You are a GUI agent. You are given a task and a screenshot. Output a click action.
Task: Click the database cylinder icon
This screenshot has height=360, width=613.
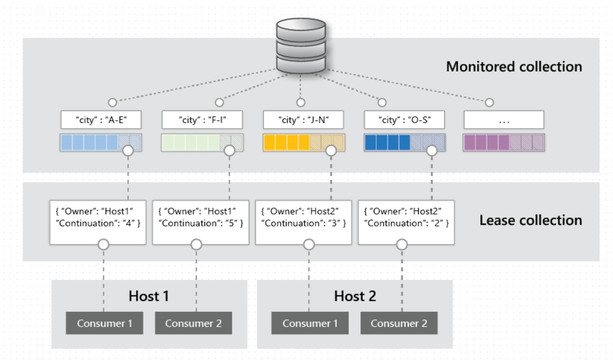tap(300, 46)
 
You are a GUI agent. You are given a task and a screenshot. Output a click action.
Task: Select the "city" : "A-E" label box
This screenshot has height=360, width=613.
tap(101, 120)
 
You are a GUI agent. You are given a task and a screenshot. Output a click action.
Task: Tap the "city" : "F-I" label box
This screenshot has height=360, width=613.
tap(202, 120)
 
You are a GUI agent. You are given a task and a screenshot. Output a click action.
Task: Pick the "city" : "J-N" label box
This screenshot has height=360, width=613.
tap(303, 120)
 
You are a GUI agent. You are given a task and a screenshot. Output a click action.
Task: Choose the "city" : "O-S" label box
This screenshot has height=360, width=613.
tap(404, 120)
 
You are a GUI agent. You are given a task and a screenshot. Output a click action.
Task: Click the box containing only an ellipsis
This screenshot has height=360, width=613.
tap(504, 120)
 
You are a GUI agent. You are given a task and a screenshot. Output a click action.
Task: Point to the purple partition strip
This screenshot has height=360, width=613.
tap(504, 143)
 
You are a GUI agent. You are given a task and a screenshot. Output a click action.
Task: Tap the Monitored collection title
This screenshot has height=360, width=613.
tap(514, 67)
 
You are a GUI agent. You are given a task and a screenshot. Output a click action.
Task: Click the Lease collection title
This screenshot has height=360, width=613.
tap(530, 221)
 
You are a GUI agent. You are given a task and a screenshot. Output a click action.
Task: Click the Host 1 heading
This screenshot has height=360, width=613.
tap(149, 296)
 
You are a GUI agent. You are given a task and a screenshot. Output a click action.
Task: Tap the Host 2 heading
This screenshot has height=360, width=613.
tap(355, 296)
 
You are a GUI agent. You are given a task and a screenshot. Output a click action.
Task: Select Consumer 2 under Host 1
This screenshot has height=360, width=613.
tap(193, 323)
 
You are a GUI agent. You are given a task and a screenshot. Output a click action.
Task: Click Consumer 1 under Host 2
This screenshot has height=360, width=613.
tap(310, 323)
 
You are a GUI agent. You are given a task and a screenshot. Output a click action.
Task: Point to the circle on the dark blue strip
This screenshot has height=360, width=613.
tap(431, 151)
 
